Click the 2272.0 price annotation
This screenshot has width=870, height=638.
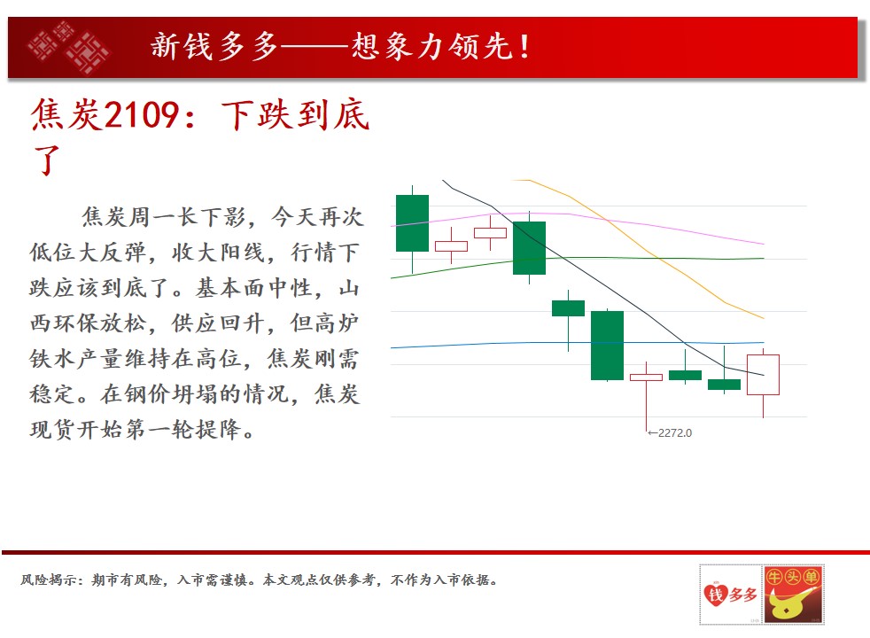click(670, 432)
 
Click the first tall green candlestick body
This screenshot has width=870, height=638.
click(412, 223)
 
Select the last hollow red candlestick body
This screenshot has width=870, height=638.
click(763, 375)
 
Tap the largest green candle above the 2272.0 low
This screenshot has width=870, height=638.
click(607, 346)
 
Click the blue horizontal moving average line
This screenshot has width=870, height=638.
click(578, 345)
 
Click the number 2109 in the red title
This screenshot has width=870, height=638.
click(142, 115)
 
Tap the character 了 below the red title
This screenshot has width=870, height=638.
click(47, 160)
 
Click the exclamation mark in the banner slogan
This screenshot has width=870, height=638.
click(524, 47)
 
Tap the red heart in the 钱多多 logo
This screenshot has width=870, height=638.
click(715, 595)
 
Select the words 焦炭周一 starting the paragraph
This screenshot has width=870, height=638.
click(128, 217)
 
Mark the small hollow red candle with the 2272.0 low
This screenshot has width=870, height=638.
click(646, 377)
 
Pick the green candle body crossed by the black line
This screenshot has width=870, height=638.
click(529, 248)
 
